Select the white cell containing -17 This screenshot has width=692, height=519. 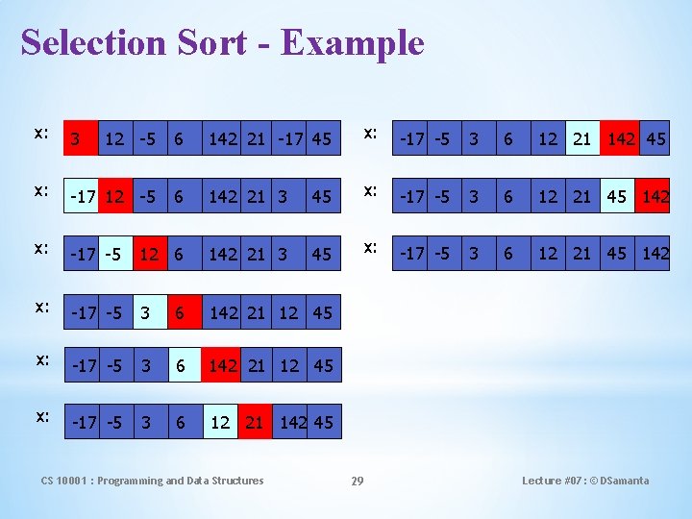point(83,197)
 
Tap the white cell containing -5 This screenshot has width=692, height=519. point(113,255)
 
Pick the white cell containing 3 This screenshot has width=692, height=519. point(148,312)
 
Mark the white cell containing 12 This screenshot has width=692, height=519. point(220,423)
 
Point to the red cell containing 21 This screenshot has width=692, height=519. point(255,423)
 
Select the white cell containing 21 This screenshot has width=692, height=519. point(581,139)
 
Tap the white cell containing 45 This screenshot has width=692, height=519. point(616,197)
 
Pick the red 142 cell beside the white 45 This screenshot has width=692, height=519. point(654,197)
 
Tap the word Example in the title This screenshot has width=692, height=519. point(353,42)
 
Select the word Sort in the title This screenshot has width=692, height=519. point(210,42)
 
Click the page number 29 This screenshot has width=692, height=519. point(357,481)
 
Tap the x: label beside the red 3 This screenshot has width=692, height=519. point(41,134)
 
